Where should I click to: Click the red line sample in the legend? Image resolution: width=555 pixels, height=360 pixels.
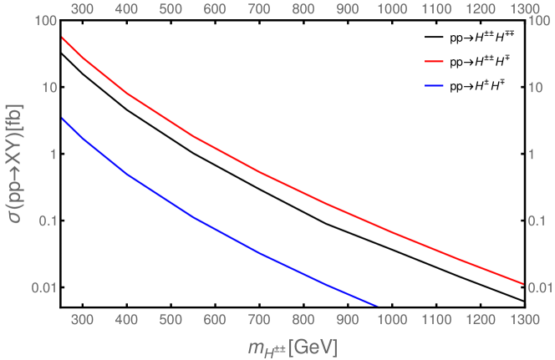(435, 62)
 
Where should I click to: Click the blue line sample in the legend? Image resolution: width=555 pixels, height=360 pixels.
(435, 85)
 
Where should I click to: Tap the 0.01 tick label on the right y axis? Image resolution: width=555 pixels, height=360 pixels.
(540, 287)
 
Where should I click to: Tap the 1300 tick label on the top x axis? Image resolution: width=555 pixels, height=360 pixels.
(522, 9)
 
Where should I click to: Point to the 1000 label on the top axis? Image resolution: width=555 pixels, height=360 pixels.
(390, 9)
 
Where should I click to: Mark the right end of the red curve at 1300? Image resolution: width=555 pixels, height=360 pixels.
(522, 284)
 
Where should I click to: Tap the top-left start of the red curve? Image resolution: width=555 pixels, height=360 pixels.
(63, 38)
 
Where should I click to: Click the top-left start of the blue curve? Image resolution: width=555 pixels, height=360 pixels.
(63, 119)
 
